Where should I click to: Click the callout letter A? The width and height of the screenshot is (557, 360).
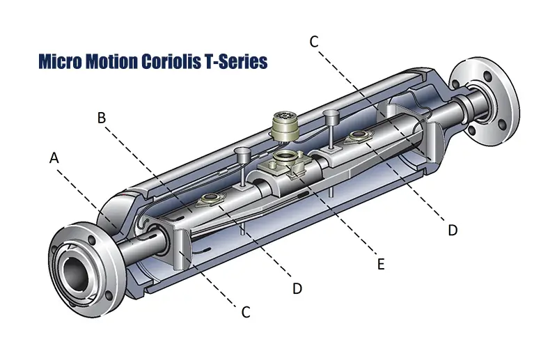click(x=54, y=159)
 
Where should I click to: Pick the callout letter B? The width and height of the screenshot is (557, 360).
click(x=102, y=118)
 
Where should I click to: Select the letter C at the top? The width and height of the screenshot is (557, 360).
click(x=314, y=42)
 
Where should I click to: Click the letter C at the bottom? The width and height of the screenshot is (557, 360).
click(x=245, y=313)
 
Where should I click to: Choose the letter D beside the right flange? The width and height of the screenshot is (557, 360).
click(x=453, y=230)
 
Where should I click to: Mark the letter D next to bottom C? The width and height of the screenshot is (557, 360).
click(x=297, y=288)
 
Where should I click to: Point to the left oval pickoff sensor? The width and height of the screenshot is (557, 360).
click(x=208, y=202)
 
